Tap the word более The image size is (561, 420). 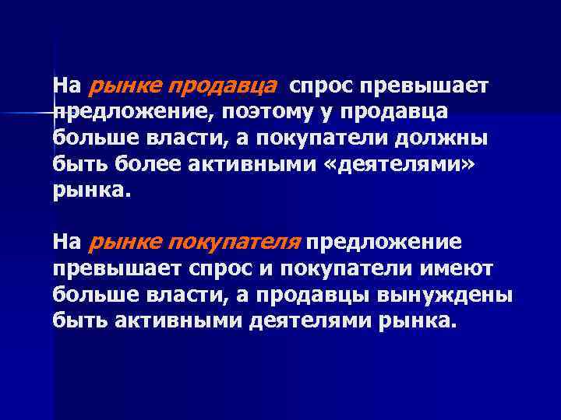pyautogui.click(x=137, y=165)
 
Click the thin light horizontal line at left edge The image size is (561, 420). pyautogui.click(x=27, y=114)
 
